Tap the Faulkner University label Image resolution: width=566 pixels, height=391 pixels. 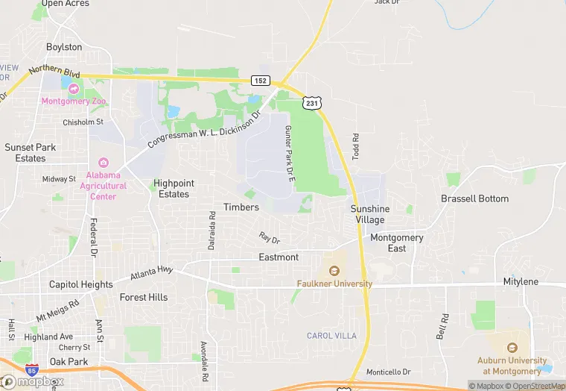(334, 284)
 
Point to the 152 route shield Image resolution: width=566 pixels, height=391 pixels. (260, 81)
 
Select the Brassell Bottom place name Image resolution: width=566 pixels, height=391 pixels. (474, 198)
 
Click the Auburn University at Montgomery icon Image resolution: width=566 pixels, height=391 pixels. (512, 348)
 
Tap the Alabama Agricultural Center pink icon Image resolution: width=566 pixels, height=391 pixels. (103, 163)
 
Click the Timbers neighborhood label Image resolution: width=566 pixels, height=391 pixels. (241, 207)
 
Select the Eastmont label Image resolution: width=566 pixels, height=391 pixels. (279, 257)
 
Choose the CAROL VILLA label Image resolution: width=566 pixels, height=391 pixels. (333, 336)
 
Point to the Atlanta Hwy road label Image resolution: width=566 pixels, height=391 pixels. (151, 275)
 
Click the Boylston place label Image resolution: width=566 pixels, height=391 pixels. (64, 46)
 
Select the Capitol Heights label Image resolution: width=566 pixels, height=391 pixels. (81, 284)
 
